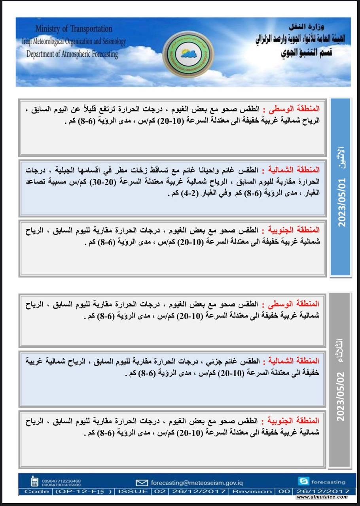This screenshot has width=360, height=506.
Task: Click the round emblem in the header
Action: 188,53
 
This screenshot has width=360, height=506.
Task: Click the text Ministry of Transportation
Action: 74,29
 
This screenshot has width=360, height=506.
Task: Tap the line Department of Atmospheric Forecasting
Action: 72,54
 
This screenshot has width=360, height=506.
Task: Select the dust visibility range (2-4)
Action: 185,194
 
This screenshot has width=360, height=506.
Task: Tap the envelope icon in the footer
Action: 142,483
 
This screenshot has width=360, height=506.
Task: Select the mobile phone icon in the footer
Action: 35,481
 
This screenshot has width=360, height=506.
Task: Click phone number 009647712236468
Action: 60,480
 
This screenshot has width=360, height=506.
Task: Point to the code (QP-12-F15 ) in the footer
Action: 84,491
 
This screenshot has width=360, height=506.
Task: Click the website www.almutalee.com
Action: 322,497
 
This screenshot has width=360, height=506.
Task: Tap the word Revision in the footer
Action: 252,491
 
